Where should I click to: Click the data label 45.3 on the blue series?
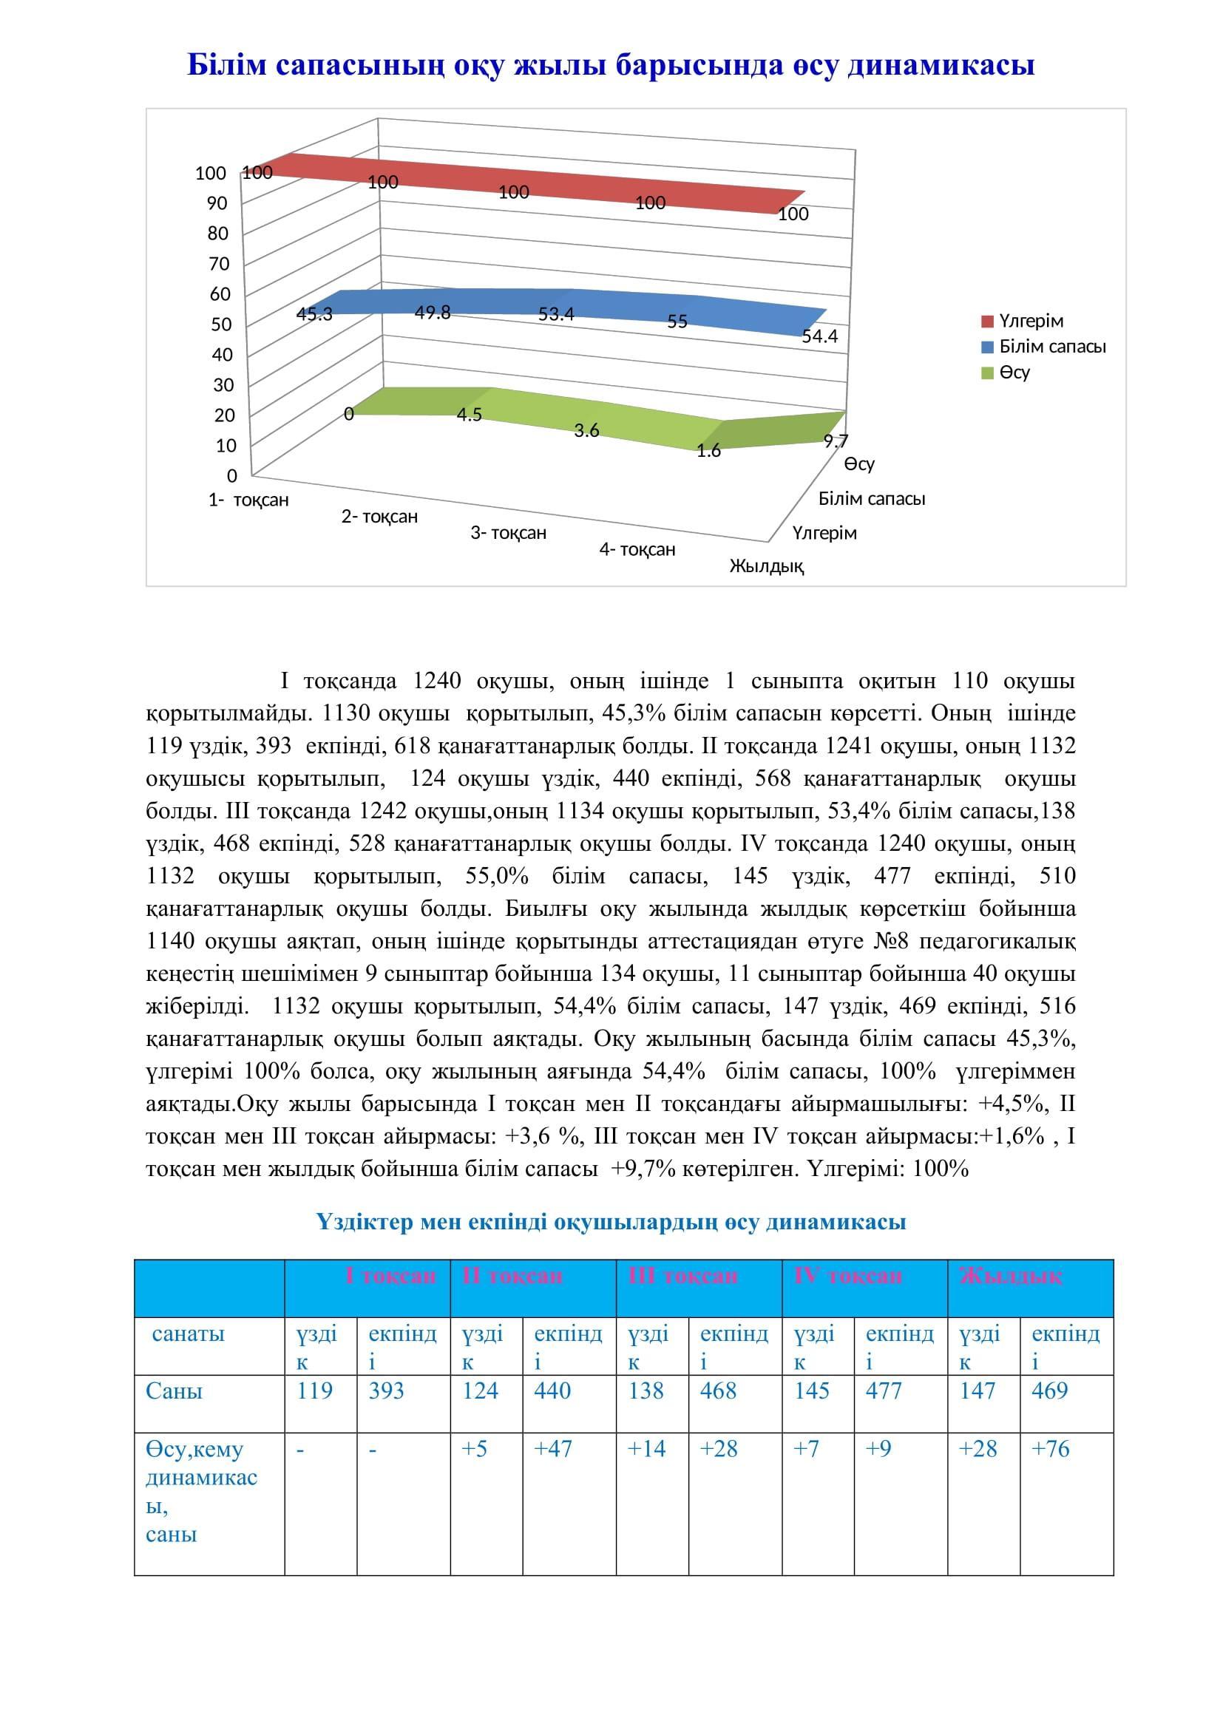(314, 315)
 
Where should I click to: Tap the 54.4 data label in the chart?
(819, 336)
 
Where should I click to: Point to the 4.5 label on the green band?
(470, 415)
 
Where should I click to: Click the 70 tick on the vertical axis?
(218, 264)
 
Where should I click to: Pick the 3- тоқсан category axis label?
(508, 533)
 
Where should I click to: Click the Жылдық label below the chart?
(767, 566)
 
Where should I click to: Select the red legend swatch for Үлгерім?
(988, 322)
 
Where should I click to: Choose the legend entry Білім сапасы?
(1052, 347)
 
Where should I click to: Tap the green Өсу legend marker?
(988, 373)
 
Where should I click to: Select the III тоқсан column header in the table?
(683, 1276)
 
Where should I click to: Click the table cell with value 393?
(386, 1390)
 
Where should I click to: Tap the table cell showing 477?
(884, 1390)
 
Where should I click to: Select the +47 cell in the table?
(553, 1449)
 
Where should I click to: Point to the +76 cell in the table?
(1050, 1449)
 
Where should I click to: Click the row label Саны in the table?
(174, 1390)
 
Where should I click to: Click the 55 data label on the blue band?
(677, 322)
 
